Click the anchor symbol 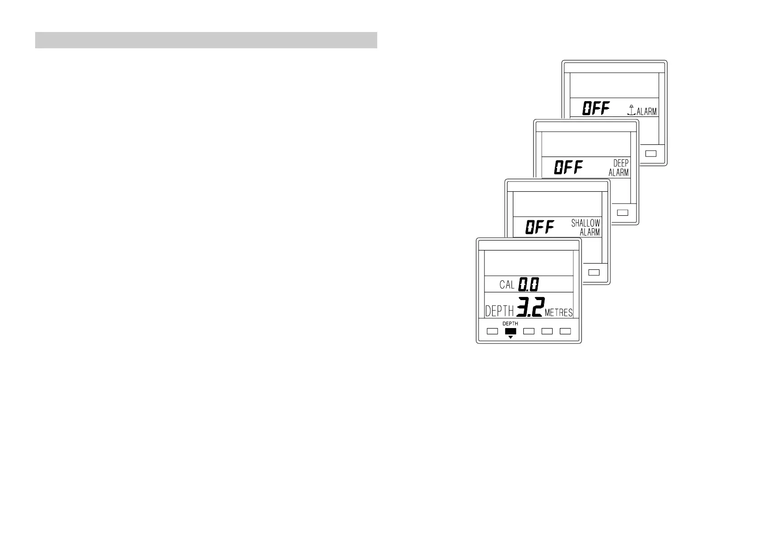pyautogui.click(x=631, y=110)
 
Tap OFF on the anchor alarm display pyautogui.click(x=596, y=108)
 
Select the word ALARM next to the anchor pyautogui.click(x=646, y=111)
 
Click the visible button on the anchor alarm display pyautogui.click(x=651, y=153)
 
